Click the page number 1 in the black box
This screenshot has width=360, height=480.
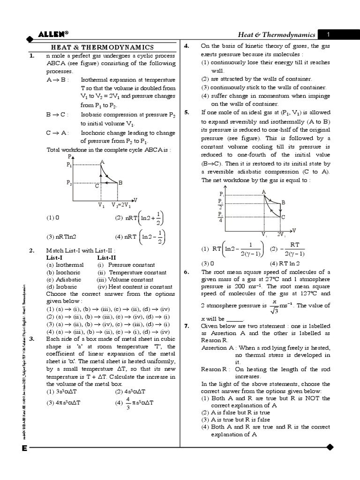pos(329,34)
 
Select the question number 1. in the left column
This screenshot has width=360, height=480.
pos(31,55)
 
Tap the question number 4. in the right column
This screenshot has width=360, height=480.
pos(186,46)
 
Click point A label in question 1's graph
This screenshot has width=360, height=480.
pos(102,162)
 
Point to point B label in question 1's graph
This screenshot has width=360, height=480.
pos(120,182)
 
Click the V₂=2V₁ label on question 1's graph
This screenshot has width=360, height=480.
pos(121,205)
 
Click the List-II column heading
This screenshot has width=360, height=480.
pos(107,257)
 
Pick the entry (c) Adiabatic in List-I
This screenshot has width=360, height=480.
pos(65,279)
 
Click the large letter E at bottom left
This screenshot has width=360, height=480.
pos(23,448)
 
